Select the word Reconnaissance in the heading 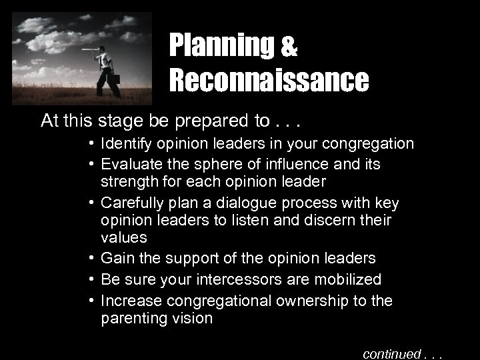click(x=268, y=81)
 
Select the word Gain click(x=115, y=257)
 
